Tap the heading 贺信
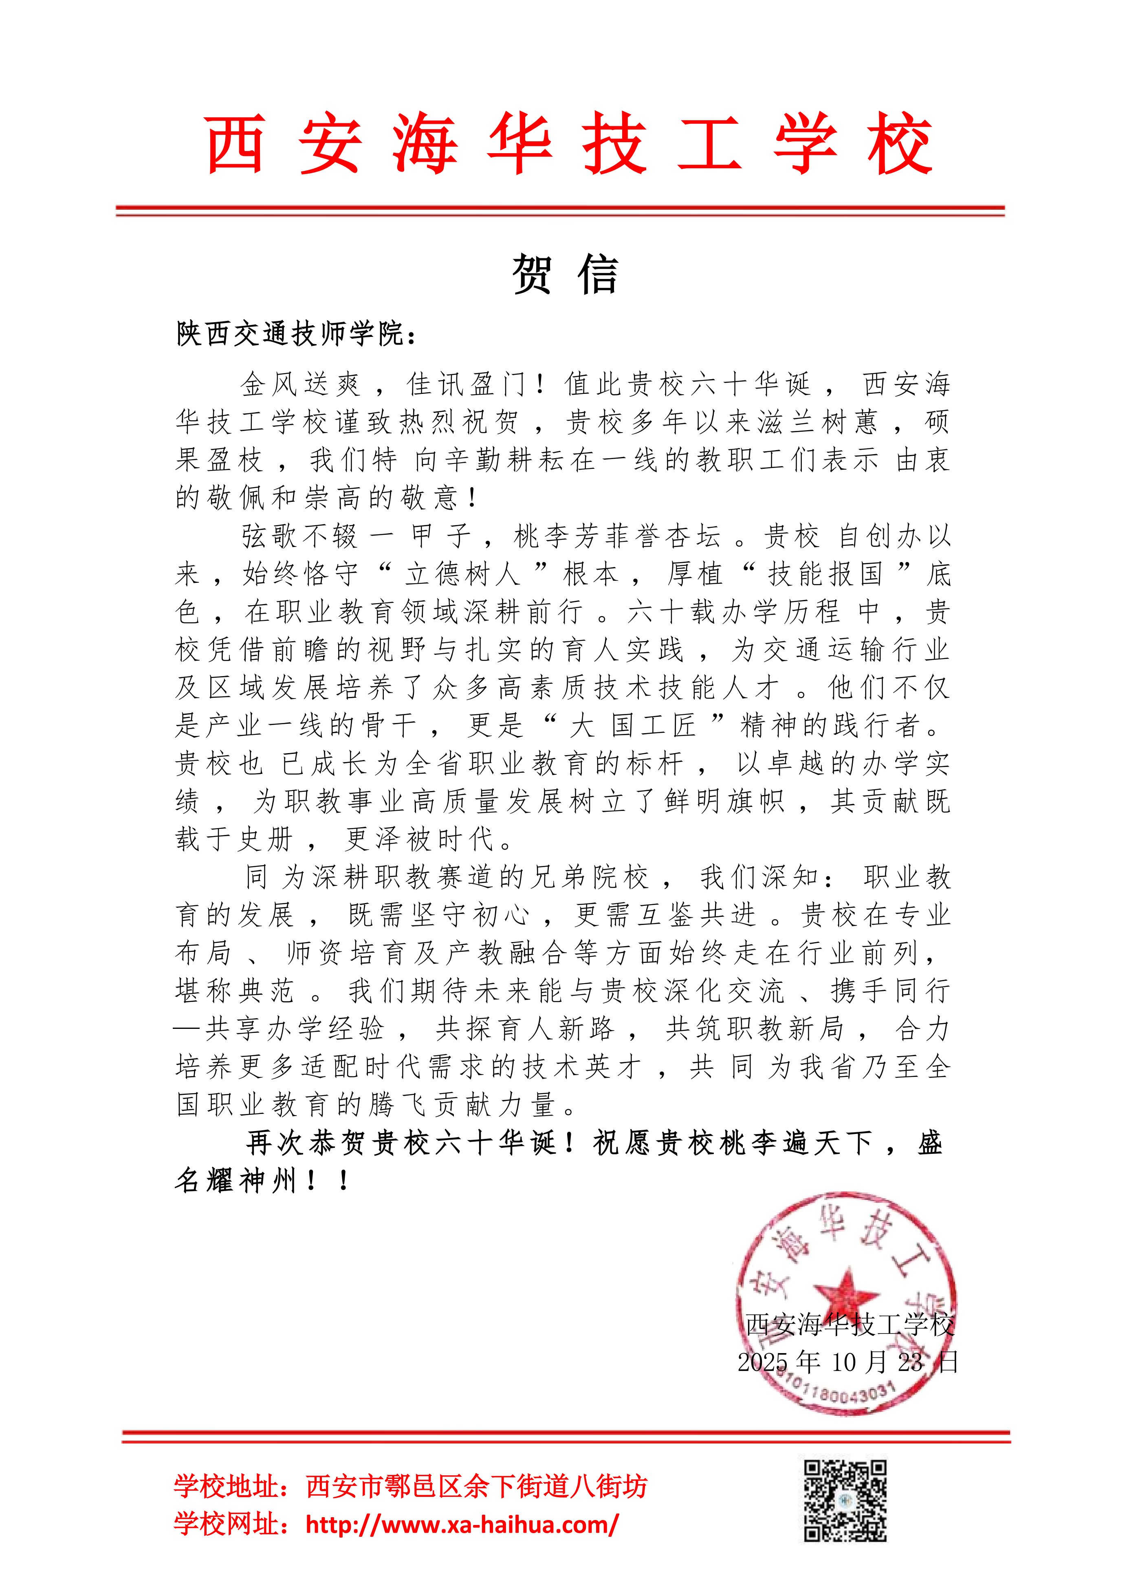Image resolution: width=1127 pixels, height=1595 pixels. click(x=564, y=274)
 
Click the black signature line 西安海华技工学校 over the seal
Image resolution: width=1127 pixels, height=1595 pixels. click(x=849, y=1325)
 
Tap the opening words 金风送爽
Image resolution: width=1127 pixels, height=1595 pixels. click(x=300, y=383)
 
